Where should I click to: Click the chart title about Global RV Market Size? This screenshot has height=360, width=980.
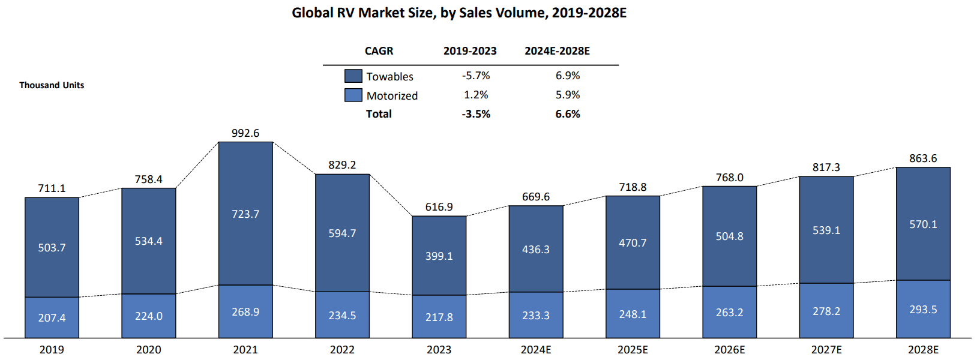(459, 13)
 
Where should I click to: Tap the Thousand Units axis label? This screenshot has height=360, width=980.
(52, 85)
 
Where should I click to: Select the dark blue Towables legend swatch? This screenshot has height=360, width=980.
(353, 76)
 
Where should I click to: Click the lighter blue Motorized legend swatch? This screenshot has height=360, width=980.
(353, 95)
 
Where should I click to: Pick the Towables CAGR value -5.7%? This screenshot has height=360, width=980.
(476, 76)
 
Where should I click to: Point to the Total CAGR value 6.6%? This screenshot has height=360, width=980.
(568, 114)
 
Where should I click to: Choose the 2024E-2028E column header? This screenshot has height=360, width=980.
(557, 51)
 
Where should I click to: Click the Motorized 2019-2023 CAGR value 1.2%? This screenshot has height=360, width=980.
(476, 95)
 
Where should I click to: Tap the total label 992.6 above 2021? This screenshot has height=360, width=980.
(245, 133)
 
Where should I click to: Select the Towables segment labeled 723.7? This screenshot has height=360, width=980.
(245, 214)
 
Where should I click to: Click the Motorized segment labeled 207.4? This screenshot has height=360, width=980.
(52, 317)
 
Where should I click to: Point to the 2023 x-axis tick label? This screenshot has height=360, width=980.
(439, 350)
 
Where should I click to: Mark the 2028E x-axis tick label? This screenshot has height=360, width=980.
(923, 350)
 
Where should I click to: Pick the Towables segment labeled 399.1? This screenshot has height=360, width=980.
(439, 256)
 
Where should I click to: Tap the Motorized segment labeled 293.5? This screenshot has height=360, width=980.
(923, 310)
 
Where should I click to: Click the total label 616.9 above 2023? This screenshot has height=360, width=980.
(439, 207)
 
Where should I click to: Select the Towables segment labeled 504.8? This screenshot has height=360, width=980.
(729, 236)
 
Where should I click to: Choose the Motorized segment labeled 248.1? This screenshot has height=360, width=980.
(633, 314)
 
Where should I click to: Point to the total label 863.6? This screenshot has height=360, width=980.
(923, 158)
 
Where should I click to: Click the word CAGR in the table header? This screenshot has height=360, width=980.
(379, 51)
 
